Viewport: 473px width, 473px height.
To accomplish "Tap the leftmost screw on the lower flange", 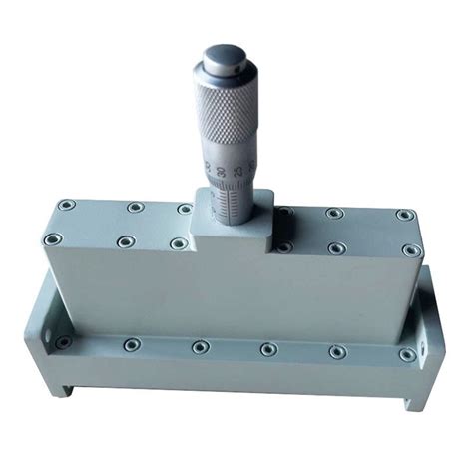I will pos(64,342).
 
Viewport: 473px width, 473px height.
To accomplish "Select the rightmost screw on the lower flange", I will pos(406,354).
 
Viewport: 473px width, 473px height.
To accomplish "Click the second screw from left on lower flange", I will pos(131,344).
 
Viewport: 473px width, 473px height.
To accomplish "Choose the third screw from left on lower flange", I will pos(201,347).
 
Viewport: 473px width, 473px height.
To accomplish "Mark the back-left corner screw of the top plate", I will pos(66,205).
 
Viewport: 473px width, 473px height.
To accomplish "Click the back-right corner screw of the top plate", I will pos(403,215).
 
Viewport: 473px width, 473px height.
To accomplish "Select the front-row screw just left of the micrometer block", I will pos(178,243).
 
